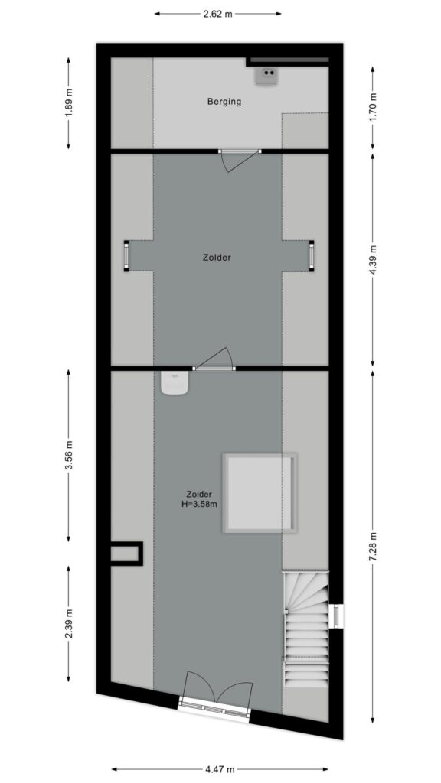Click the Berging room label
pos(224,102)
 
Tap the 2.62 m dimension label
pos(218,14)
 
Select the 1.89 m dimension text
pos(68,103)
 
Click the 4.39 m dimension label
pos(373,260)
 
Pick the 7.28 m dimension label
pos(373,547)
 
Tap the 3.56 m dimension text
pos(68,456)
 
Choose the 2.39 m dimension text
pos(68,624)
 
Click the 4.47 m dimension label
pos(220,769)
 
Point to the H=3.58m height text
pos(199,505)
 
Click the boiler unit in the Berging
pos(266,76)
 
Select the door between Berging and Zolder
pos(239,161)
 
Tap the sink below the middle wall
pos(175,383)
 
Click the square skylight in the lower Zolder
pos(260,493)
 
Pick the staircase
pos(306,629)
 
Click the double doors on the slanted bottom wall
pos(216,694)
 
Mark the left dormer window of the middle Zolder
pos(126,256)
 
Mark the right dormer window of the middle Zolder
pos(312,256)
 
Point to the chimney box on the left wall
pos(126,554)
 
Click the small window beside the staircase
pos(337,616)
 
